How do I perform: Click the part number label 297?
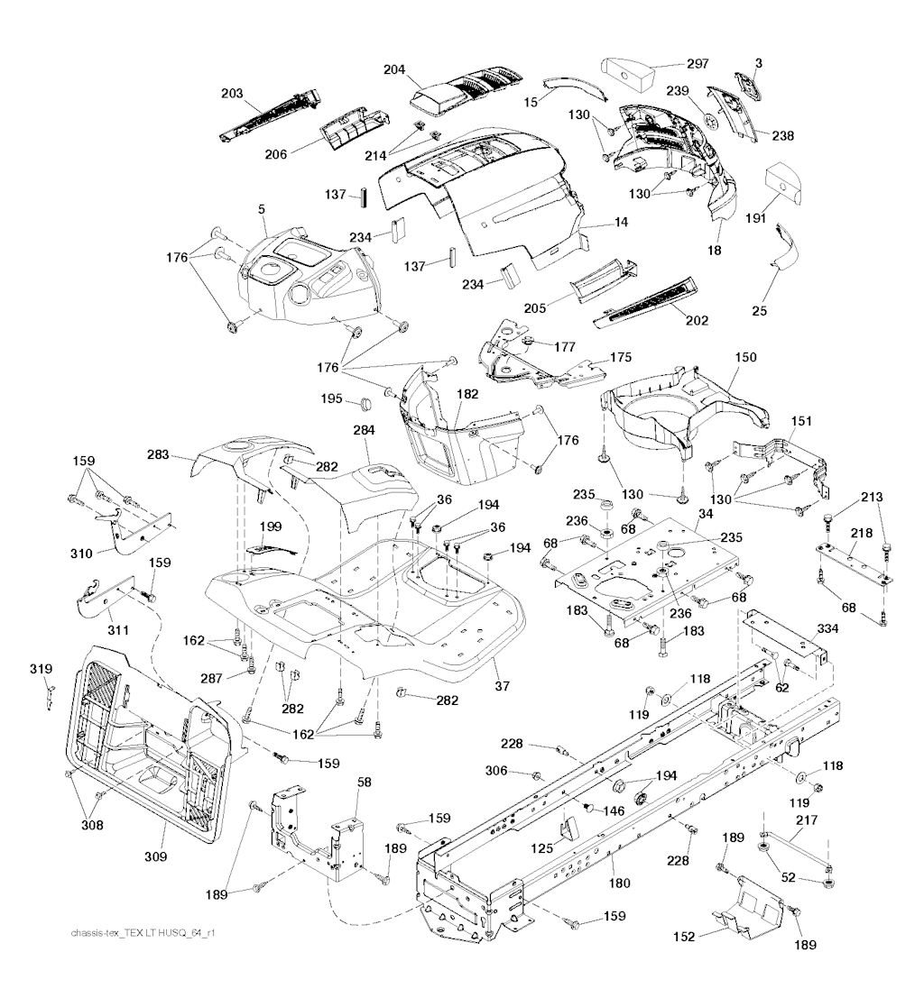[698, 63]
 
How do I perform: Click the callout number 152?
[683, 937]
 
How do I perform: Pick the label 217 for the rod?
[806, 820]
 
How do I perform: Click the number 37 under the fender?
[502, 686]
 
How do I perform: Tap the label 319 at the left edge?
[41, 669]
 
